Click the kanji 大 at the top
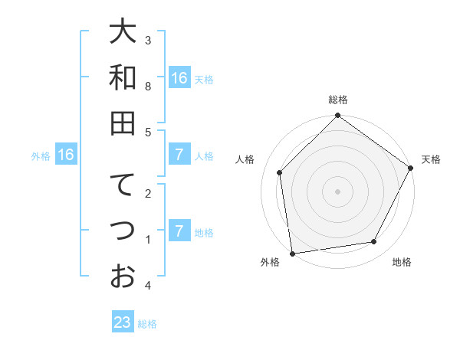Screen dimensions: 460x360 (x=123, y=32)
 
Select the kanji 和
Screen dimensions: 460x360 (x=123, y=77)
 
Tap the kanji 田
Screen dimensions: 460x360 (x=123, y=123)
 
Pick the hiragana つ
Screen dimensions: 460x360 (x=123, y=231)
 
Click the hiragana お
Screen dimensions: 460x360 (x=123, y=276)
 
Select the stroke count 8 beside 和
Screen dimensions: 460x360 (x=148, y=86)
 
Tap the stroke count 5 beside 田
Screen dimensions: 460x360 (x=148, y=132)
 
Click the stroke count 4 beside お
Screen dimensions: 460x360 (x=148, y=285)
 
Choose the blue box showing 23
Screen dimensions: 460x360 (x=123, y=322)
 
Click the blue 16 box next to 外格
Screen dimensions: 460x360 (x=66, y=155)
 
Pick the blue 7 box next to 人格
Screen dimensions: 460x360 (x=179, y=155)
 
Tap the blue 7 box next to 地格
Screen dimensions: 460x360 (x=179, y=231)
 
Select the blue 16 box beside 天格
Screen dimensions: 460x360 (x=179, y=78)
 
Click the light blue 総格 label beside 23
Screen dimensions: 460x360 (x=147, y=324)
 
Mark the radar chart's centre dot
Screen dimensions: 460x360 (x=337, y=191)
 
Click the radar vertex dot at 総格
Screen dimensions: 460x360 (x=337, y=116)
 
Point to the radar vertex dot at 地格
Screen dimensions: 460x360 (x=374, y=242)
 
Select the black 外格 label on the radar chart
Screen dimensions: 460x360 (x=270, y=263)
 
